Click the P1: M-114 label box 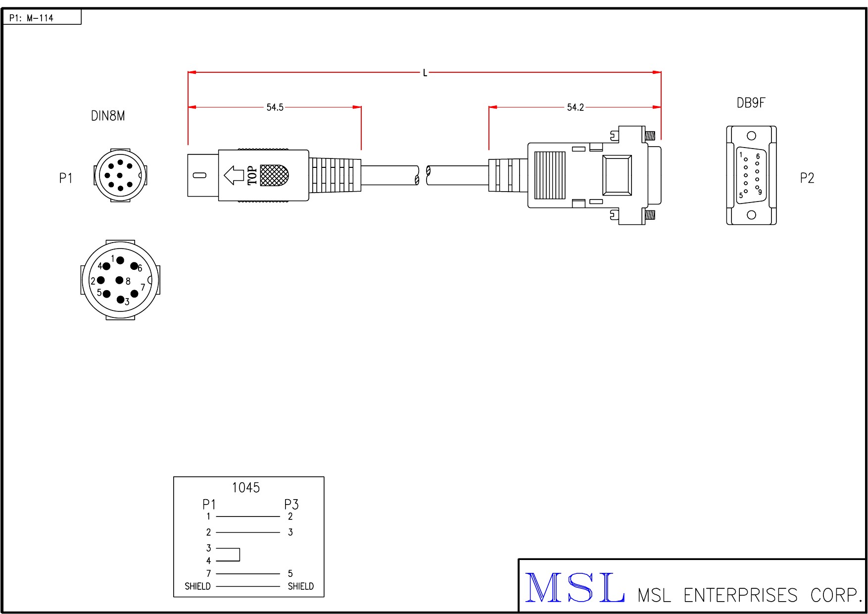(x=42, y=18)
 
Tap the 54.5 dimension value (x=275, y=107)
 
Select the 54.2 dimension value (x=575, y=107)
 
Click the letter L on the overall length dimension (x=425, y=73)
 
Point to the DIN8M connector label (x=108, y=116)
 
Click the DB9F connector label (x=751, y=103)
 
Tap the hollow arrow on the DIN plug (x=234, y=175)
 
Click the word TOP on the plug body (x=252, y=175)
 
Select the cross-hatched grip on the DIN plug (x=274, y=175)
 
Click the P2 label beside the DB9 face (x=807, y=178)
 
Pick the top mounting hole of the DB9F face (x=751, y=136)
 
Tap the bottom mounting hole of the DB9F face (x=751, y=215)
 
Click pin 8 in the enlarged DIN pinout (x=120, y=280)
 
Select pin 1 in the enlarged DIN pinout (x=120, y=260)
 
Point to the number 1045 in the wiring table (x=246, y=488)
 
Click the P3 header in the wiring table (x=291, y=505)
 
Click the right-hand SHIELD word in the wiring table (x=300, y=586)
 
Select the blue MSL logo (x=575, y=588)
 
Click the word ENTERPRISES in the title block (x=740, y=595)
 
